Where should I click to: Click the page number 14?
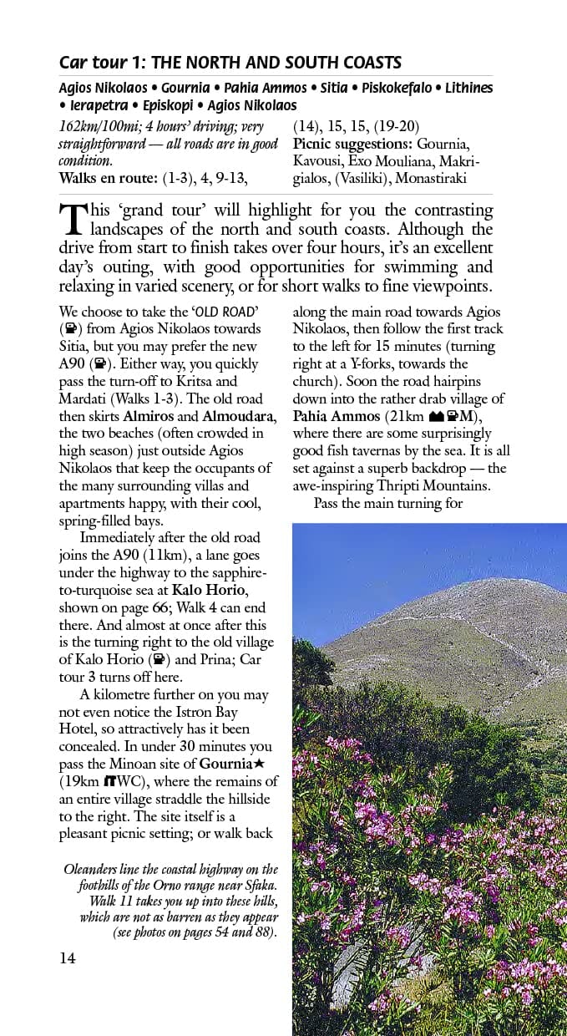(x=67, y=958)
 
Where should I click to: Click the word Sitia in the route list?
(x=355, y=88)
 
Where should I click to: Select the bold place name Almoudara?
(x=238, y=416)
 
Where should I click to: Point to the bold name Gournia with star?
(x=231, y=764)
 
